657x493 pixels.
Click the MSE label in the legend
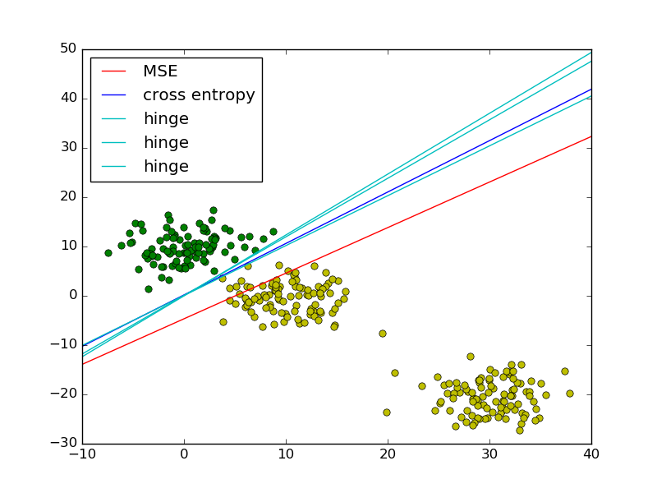click(160, 71)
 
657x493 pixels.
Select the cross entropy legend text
click(199, 95)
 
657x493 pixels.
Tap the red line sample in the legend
click(114, 71)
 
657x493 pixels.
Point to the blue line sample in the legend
click(114, 95)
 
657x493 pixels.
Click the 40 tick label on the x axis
click(591, 457)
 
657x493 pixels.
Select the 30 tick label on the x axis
click(489, 457)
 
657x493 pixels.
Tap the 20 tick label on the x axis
click(388, 457)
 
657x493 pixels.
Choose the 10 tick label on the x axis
click(286, 457)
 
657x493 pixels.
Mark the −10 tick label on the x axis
click(82, 457)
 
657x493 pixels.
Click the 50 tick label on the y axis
click(67, 49)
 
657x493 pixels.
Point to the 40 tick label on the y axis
click(67, 99)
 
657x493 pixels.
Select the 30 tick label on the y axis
click(67, 148)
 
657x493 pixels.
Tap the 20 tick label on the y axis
click(67, 197)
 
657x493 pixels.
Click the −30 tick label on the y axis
click(63, 444)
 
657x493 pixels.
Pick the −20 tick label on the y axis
click(63, 394)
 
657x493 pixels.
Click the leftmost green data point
click(108, 253)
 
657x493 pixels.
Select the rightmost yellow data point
click(570, 394)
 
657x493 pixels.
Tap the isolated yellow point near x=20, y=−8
click(383, 334)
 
